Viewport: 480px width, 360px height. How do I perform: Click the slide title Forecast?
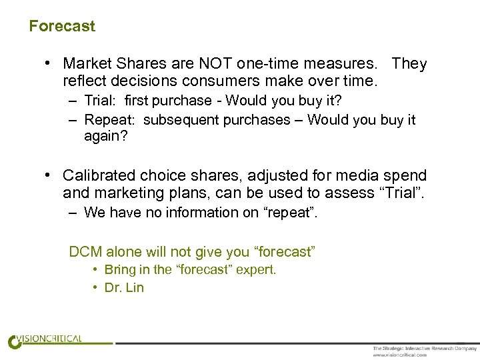(x=62, y=27)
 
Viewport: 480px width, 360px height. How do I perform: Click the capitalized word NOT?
(x=213, y=64)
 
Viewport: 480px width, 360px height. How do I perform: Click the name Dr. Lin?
(x=125, y=288)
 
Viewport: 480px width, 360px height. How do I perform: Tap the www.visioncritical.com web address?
(x=399, y=355)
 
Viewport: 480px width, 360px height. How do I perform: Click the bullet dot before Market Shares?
(x=49, y=64)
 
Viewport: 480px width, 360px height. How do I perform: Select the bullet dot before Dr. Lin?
(x=97, y=288)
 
